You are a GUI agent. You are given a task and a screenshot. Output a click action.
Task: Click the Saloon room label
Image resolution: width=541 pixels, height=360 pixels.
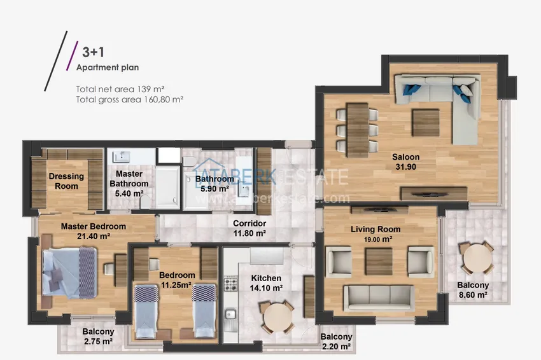click(406, 162)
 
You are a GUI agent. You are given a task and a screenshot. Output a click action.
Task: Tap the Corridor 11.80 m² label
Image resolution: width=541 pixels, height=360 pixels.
click(249, 228)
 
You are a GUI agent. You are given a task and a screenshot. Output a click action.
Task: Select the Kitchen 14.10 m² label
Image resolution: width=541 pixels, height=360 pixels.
click(266, 283)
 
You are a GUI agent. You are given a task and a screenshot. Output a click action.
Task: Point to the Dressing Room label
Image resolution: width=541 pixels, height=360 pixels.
click(66, 181)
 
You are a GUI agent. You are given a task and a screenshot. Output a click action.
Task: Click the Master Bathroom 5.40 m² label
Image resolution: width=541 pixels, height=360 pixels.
click(129, 183)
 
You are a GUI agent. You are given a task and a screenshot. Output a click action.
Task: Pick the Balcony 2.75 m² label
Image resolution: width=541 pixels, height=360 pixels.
click(98, 336)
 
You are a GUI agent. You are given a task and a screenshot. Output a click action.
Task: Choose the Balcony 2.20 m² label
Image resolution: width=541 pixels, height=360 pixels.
click(337, 342)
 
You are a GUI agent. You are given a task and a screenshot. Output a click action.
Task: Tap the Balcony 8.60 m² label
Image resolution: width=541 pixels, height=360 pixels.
click(473, 289)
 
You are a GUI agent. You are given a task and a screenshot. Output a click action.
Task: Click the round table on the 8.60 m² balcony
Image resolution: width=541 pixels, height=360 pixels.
click(477, 257)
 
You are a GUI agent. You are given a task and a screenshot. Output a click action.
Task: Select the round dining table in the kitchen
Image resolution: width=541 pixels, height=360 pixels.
click(277, 317)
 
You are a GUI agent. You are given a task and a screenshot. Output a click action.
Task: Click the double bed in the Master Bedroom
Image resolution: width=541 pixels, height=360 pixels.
click(69, 272)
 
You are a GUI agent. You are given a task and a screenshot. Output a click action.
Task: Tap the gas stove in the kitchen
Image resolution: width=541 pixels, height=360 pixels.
click(230, 284)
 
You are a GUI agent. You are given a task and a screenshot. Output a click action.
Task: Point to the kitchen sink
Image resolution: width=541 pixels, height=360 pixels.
click(230, 314)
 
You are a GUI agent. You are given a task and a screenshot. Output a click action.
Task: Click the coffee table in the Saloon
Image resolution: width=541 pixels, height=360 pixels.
click(426, 123)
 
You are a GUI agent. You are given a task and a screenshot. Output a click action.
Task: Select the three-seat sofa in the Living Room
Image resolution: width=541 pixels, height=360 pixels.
click(379, 298)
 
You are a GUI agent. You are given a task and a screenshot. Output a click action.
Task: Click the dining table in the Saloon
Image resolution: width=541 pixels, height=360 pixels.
click(358, 130)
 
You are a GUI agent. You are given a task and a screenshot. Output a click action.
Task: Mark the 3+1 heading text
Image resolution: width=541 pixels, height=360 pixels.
click(93, 52)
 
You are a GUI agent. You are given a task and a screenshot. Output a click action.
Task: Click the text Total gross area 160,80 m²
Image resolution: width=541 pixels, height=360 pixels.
click(130, 100)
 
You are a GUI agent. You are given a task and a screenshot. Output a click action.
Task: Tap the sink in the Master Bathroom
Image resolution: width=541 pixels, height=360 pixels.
click(121, 156)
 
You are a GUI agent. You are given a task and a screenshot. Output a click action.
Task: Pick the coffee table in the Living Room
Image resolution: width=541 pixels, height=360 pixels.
click(379, 261)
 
